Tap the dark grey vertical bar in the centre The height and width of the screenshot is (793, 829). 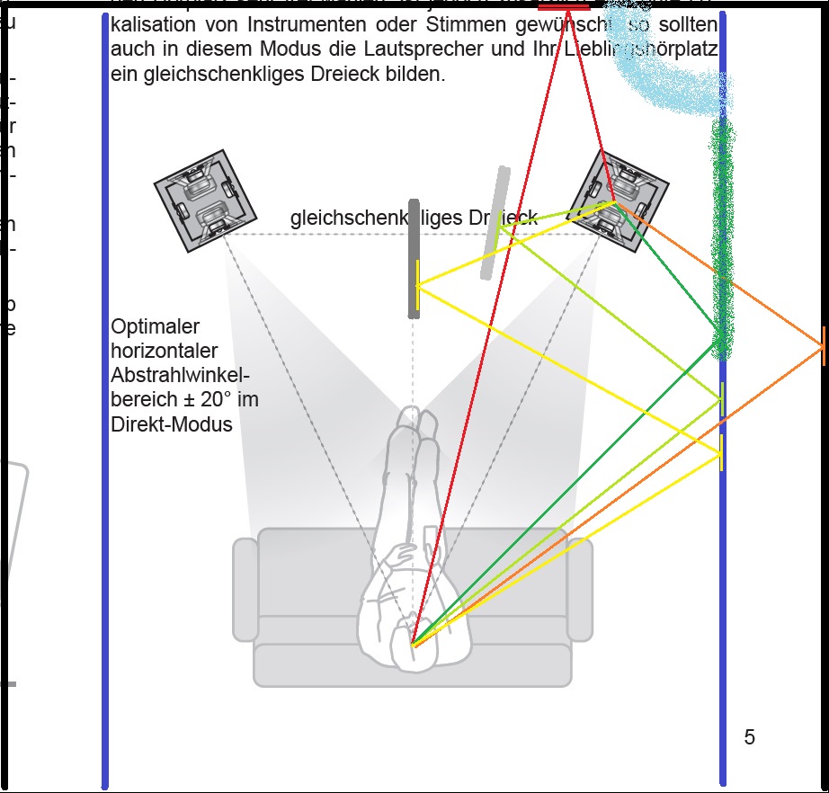[414, 258]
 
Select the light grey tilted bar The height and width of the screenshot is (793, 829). [495, 223]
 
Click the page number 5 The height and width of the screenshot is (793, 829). [749, 738]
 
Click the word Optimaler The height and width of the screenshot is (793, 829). [155, 326]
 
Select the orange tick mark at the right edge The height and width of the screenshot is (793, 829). [823, 347]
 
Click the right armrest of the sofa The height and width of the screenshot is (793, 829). [580, 589]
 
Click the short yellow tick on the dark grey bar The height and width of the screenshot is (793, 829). [417, 286]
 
